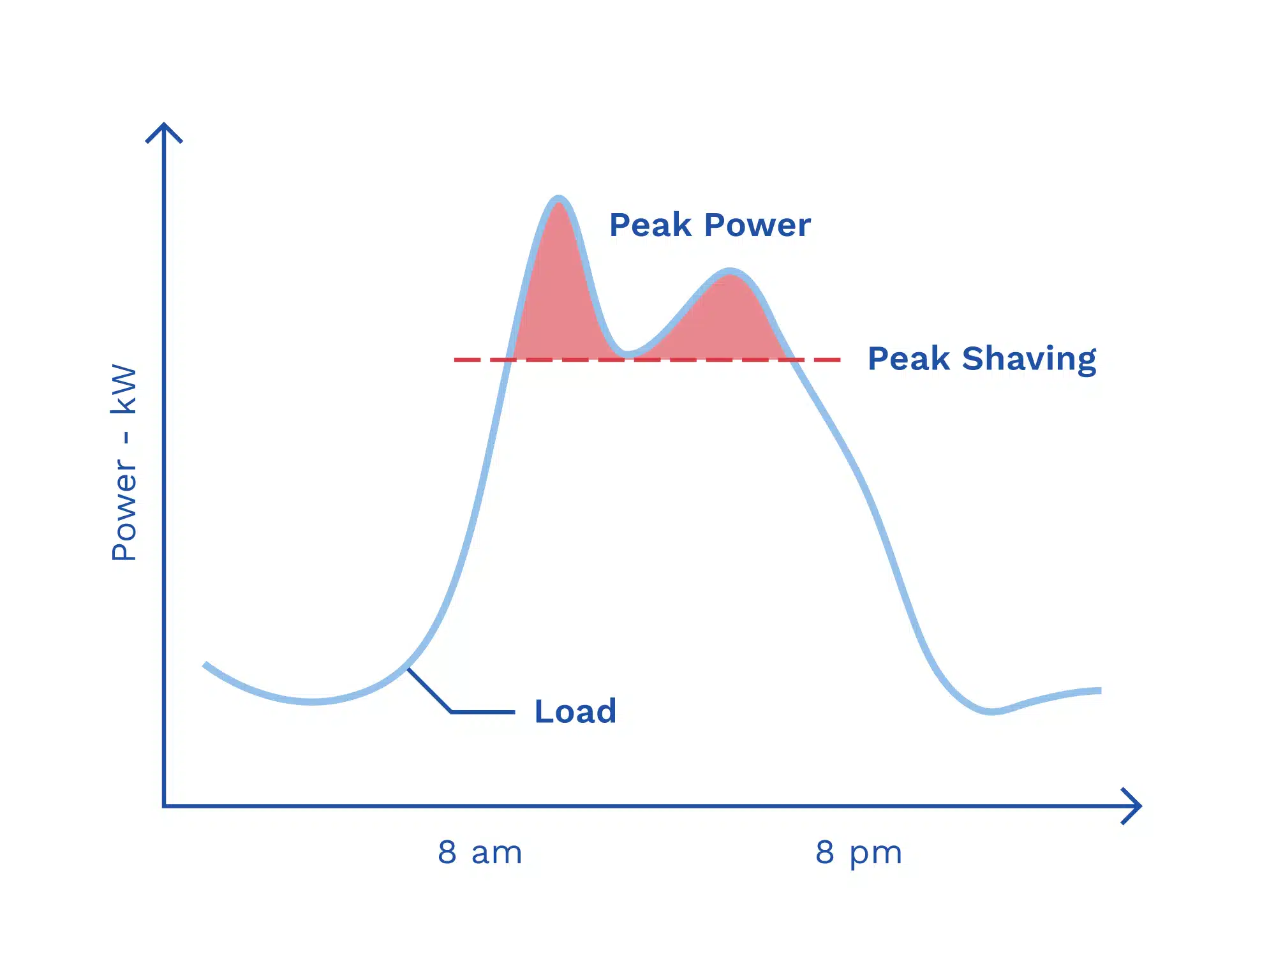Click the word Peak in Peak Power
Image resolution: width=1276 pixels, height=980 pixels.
click(650, 225)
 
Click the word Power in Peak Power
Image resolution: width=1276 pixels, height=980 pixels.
click(758, 225)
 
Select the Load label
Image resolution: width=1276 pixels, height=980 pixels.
click(575, 711)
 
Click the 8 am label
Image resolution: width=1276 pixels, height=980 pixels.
click(480, 852)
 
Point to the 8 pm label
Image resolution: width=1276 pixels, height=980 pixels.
click(858, 853)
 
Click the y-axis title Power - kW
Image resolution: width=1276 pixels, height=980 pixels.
click(124, 463)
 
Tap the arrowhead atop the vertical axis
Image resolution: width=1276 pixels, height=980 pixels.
click(164, 131)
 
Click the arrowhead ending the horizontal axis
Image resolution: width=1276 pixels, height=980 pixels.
click(1132, 806)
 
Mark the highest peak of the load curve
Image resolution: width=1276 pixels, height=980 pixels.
click(559, 199)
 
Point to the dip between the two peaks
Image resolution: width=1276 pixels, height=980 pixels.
click(627, 352)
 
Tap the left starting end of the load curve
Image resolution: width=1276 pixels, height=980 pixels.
click(205, 665)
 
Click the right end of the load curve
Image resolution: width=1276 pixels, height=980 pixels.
click(1099, 691)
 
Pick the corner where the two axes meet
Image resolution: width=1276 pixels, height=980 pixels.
click(165, 806)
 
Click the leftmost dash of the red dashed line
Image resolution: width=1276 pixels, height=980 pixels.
click(467, 360)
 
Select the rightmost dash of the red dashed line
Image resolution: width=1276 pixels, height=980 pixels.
click(827, 360)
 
